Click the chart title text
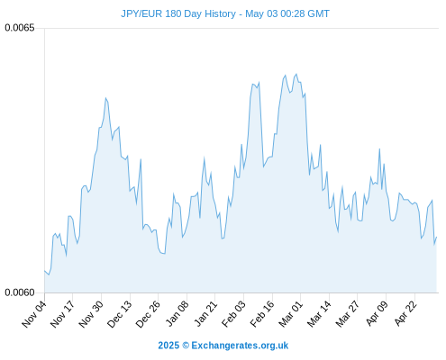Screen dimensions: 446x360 coord(225,13)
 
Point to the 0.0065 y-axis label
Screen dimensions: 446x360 coord(20,28)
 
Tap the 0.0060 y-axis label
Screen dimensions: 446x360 coord(20,292)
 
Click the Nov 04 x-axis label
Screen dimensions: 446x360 coord(34,314)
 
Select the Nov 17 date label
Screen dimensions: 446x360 coord(62,314)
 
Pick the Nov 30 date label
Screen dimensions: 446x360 coord(91,314)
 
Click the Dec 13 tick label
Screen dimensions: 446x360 coord(120,314)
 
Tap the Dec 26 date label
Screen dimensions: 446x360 coord(148,314)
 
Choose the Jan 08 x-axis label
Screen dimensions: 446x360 coord(177,313)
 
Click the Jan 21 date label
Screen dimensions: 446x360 coord(205,313)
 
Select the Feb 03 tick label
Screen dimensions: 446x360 coord(233,314)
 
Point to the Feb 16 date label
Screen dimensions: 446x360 coord(262,314)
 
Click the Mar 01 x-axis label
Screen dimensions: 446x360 coord(290,314)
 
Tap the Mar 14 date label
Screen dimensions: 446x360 coord(319,314)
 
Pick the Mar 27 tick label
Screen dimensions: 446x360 coord(348,314)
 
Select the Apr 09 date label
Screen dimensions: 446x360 coord(377,313)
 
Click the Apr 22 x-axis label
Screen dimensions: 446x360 coord(405,313)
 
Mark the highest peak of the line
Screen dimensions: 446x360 coord(296,74)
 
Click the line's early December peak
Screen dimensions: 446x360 coord(105,98)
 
